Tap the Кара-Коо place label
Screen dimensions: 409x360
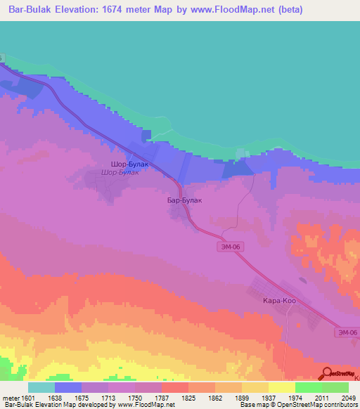coord(279,300)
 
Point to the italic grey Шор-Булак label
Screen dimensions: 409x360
coord(120,171)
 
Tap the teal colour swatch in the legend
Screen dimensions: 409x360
coord(41,387)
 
